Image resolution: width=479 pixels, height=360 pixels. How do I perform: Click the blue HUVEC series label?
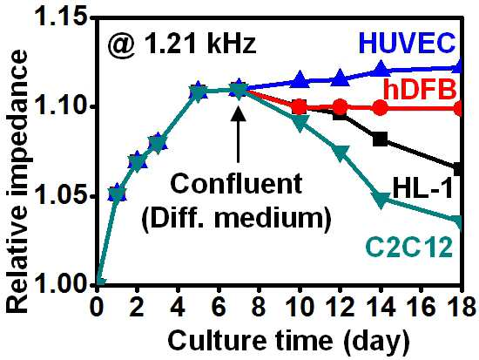click(407, 44)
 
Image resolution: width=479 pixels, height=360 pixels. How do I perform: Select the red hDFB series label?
click(420, 89)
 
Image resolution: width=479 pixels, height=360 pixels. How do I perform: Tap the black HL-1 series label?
click(422, 188)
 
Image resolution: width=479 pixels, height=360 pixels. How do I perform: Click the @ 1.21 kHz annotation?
click(181, 44)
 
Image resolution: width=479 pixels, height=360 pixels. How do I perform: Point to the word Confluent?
click(236, 184)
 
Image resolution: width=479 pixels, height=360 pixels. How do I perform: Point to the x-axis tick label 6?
click(219, 307)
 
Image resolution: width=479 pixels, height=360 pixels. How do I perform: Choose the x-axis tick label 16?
click(422, 307)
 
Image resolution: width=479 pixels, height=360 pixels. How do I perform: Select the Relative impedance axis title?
click(17, 182)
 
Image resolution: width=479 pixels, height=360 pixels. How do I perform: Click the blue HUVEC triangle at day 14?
click(381, 68)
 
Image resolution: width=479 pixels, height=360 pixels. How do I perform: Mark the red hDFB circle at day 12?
click(340, 106)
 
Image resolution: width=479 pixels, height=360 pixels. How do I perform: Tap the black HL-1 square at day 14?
click(381, 139)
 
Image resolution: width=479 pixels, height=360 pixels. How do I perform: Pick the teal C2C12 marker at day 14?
click(381, 200)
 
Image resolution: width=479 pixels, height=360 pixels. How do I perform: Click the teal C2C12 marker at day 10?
click(300, 123)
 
